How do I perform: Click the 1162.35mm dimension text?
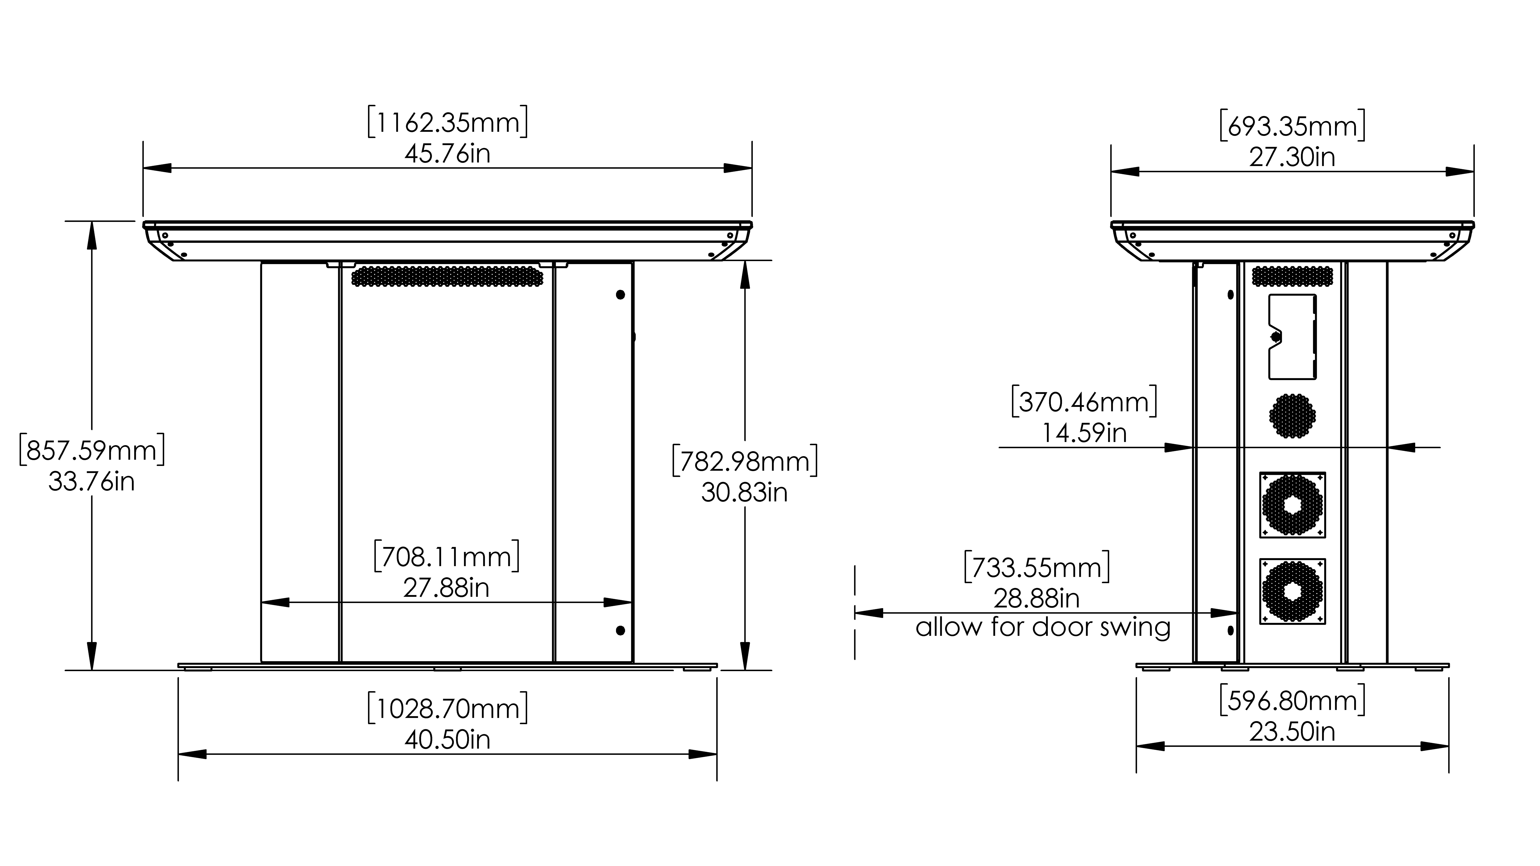[x=447, y=122]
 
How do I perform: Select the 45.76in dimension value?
[x=447, y=154]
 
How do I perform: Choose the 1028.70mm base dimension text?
[x=447, y=708]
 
